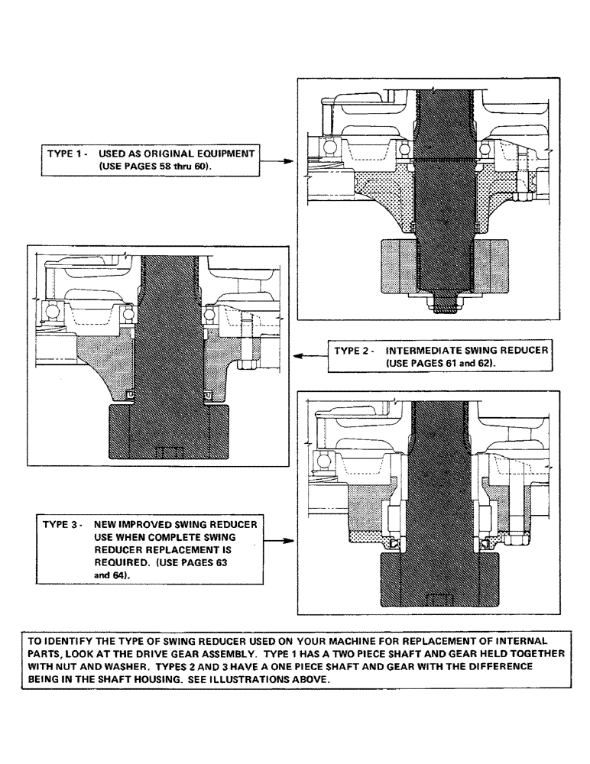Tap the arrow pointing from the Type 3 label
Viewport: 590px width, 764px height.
[x=282, y=541]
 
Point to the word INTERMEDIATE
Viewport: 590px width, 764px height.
[x=427, y=352]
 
